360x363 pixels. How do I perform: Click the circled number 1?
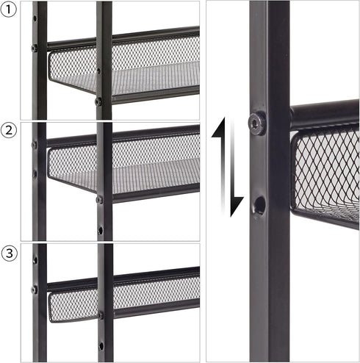pos(9,10)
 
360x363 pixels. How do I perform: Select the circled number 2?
pos(9,130)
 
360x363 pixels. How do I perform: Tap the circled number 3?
pos(9,253)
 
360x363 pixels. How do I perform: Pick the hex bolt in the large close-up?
pos(257,122)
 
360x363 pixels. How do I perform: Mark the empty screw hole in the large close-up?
pos(259,205)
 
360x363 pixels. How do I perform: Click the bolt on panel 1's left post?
pos(35,48)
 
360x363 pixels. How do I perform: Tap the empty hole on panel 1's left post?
pos(35,18)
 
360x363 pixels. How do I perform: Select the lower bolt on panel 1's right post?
pos(98,101)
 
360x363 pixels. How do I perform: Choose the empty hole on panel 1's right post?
pos(98,71)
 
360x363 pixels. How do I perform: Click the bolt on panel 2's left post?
pos(35,145)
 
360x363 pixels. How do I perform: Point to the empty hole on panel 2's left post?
pos(35,174)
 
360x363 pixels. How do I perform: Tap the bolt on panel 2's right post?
pos(99,200)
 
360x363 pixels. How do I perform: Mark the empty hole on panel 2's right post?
pos(101,231)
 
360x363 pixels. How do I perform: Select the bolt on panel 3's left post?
pos(35,290)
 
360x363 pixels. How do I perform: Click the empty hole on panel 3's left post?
pos(35,260)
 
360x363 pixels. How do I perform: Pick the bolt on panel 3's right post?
pos(101,315)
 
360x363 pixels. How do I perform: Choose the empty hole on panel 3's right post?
pos(101,346)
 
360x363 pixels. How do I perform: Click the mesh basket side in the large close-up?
pos(325,171)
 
